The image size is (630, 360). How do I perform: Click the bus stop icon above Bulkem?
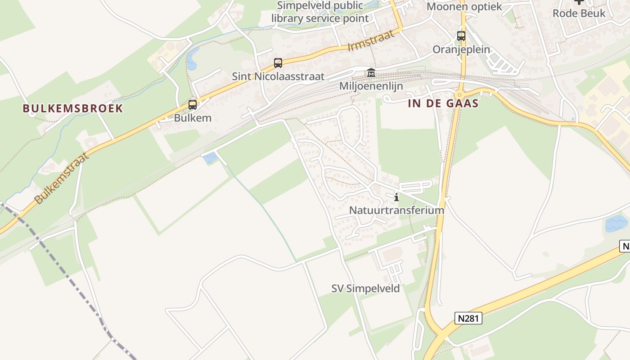(x=193, y=105)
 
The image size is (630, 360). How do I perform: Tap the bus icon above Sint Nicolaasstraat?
(x=278, y=63)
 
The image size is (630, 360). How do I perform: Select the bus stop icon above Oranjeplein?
(x=461, y=36)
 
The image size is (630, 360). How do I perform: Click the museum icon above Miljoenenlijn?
(x=371, y=72)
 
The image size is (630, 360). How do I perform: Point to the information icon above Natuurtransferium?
(x=396, y=197)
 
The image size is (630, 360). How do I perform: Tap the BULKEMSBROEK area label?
(x=73, y=108)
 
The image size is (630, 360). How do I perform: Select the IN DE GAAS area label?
(x=443, y=103)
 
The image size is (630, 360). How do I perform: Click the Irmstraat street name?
(x=374, y=40)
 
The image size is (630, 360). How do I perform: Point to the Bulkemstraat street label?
(x=60, y=178)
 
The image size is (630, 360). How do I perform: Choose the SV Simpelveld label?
(x=365, y=288)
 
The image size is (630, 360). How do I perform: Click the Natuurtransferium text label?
(x=396, y=210)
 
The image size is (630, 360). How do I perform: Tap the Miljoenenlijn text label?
(x=371, y=86)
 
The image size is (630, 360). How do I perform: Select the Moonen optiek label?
(x=464, y=7)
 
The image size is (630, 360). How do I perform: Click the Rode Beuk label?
(x=579, y=13)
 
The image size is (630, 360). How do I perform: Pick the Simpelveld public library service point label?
(x=320, y=12)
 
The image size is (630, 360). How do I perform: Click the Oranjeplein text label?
(x=461, y=49)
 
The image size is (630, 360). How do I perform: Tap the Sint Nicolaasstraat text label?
(x=278, y=76)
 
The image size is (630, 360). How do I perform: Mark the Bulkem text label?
(x=193, y=118)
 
